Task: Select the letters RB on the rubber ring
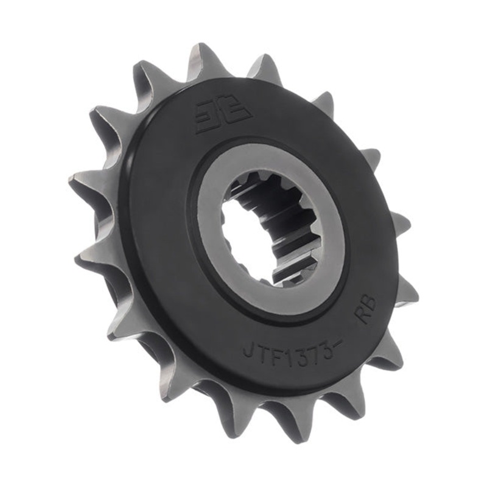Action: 367,312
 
